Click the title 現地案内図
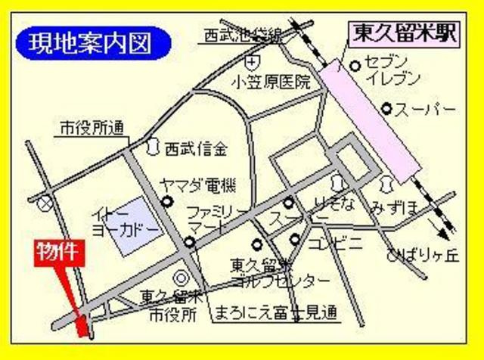pos(90,42)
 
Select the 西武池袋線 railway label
pos(241,34)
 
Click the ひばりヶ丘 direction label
pos(421,256)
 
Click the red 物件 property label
pos(57,253)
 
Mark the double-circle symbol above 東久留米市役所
pos(181,278)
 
